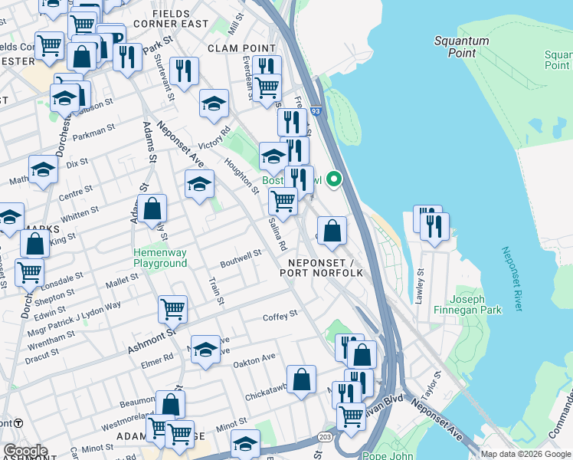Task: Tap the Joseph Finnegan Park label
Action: [x=476, y=304]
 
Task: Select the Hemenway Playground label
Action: [x=160, y=258]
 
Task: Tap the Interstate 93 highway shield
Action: [x=316, y=111]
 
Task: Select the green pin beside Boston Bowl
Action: [x=334, y=180]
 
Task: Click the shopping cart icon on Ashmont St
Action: [x=172, y=308]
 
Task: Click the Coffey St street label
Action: [x=280, y=316]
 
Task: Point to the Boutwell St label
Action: [x=243, y=253]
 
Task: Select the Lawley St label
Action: [x=419, y=287]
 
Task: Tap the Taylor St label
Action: [x=434, y=379]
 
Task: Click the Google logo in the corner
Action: [x=25, y=451]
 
